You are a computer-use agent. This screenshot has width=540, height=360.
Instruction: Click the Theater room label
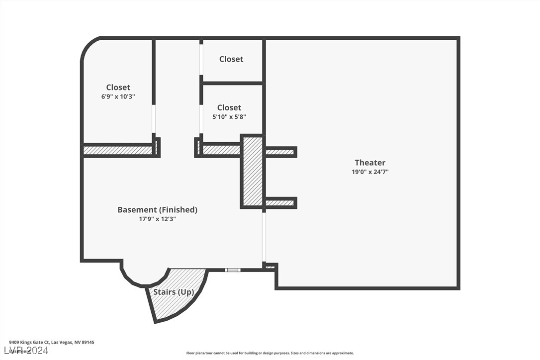[369, 163]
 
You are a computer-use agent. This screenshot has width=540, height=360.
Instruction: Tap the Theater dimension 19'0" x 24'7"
[369, 172]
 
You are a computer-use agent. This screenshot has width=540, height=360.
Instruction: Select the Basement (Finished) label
[157, 210]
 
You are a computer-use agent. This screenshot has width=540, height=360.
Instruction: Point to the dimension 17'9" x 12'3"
[157, 219]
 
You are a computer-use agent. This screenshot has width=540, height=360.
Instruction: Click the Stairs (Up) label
[173, 292]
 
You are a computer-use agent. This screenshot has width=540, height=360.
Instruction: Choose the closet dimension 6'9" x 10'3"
[118, 97]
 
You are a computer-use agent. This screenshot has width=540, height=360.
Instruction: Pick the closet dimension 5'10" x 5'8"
[229, 117]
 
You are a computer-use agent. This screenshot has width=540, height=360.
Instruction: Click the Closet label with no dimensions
[231, 59]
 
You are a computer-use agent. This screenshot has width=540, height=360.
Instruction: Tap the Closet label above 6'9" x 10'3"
[118, 88]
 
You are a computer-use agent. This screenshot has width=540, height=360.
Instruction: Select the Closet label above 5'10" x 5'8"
[229, 107]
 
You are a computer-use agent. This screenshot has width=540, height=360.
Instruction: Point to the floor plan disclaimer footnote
[270, 353]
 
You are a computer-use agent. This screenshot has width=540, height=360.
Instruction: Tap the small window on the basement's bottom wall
[232, 270]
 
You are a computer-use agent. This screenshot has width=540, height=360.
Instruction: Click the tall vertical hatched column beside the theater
[253, 172]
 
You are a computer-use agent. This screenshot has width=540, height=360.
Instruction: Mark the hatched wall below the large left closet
[118, 150]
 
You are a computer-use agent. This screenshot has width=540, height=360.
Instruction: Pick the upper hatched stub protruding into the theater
[280, 152]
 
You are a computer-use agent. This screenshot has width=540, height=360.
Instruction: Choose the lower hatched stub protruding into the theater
[280, 203]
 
